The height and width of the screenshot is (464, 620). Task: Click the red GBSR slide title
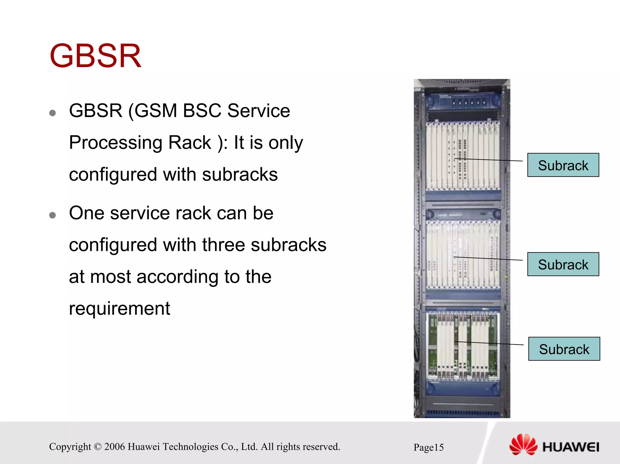[x=95, y=56]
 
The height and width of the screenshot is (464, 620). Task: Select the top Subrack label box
[x=563, y=165]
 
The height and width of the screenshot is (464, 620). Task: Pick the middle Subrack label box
[x=563, y=264]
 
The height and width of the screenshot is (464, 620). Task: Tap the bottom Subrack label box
[x=564, y=349]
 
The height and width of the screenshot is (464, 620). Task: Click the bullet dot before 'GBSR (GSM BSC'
[x=52, y=113]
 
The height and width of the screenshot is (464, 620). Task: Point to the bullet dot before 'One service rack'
[x=52, y=215]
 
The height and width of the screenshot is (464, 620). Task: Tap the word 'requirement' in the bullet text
[x=119, y=309]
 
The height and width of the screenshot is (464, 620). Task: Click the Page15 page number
[x=428, y=447]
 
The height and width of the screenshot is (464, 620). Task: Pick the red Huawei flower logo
[x=523, y=445]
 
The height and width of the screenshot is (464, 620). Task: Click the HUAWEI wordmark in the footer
[x=571, y=447]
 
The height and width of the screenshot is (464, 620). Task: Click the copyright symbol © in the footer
[x=97, y=447]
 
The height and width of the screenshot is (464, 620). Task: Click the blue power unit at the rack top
[x=462, y=101]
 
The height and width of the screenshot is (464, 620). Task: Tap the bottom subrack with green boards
[x=462, y=346]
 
